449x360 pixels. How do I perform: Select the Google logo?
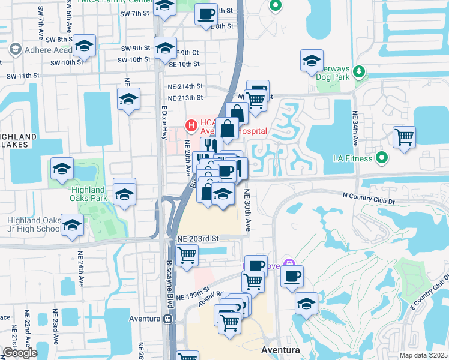pyautogui.click(x=20, y=353)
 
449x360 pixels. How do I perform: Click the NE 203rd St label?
pyautogui.click(x=199, y=239)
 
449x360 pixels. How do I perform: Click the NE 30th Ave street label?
pyautogui.click(x=247, y=210)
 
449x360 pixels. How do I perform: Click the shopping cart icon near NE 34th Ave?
pyautogui.click(x=404, y=136)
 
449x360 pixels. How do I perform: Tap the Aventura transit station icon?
pyautogui.click(x=170, y=319)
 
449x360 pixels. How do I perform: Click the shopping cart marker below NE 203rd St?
pyautogui.click(x=187, y=255)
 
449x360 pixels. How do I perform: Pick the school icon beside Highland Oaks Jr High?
pyautogui.click(x=73, y=224)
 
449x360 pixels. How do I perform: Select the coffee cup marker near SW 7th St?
pyautogui.click(x=206, y=13)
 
